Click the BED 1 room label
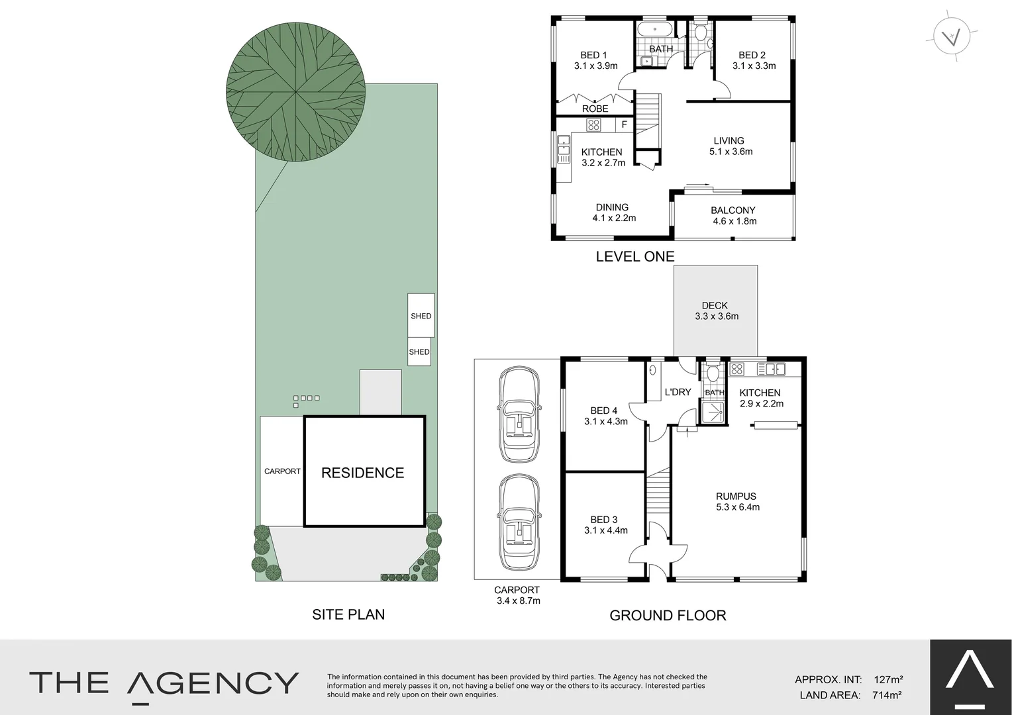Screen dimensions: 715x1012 (x=593, y=55)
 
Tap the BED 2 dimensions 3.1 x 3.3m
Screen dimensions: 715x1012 (x=754, y=66)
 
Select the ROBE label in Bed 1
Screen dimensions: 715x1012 (x=595, y=109)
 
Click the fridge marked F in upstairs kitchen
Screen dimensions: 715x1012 (x=624, y=124)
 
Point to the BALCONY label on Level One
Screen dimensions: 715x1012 (x=733, y=210)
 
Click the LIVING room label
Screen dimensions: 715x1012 (x=729, y=140)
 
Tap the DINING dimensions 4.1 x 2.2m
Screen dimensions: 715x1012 (x=614, y=218)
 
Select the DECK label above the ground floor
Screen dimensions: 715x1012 (x=715, y=305)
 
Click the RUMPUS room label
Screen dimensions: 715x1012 (x=736, y=496)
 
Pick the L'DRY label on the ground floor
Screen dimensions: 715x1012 (x=678, y=392)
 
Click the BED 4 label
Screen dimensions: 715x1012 (x=603, y=410)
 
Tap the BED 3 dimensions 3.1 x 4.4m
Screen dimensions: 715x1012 (x=605, y=530)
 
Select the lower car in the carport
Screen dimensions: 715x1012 (x=521, y=522)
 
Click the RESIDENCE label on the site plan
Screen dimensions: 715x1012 (x=362, y=473)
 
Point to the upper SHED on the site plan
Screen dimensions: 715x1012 (x=421, y=316)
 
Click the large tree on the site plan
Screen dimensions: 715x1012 (x=295, y=92)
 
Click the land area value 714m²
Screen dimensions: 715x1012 (x=887, y=694)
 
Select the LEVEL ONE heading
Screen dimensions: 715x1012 (x=634, y=256)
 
